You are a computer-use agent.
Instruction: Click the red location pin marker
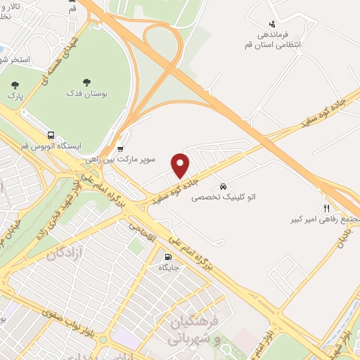(x=181, y=165)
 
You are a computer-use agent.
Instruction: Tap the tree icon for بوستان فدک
(x=86, y=82)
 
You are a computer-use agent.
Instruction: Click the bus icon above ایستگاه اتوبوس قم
(x=51, y=135)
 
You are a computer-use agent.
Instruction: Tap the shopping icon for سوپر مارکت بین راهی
(x=120, y=148)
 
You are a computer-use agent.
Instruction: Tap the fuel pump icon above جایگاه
(x=167, y=257)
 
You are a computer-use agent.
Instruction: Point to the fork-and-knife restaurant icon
(x=326, y=207)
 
